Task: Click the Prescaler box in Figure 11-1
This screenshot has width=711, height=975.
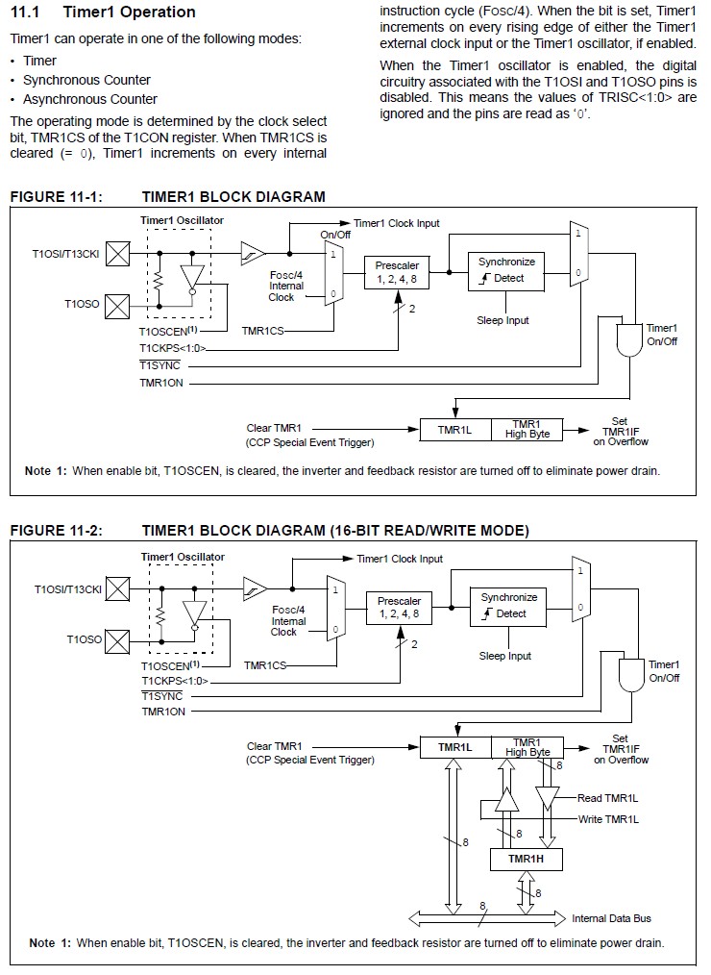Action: [397, 273]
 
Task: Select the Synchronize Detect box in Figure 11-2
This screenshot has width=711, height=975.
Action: [508, 606]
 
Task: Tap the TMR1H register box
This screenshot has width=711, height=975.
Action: [526, 859]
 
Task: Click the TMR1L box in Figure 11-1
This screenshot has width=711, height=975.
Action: [454, 430]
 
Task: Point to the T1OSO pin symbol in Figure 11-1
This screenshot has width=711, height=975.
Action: [117, 306]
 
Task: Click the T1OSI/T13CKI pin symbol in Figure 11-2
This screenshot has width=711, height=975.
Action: [117, 588]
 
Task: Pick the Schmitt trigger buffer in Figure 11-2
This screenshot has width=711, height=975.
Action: [255, 588]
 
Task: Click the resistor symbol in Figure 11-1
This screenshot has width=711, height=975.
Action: [159, 280]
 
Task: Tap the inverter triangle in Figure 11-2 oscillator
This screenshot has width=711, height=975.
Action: [195, 615]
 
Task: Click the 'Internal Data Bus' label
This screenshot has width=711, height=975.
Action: [612, 918]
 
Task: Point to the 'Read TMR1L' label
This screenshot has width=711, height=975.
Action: [608, 798]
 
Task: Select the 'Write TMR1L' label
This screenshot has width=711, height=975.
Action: [608, 819]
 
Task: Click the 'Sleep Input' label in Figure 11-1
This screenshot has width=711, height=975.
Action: [503, 320]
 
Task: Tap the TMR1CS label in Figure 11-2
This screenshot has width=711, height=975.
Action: [265, 666]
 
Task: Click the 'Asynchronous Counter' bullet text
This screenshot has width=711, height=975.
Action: [90, 99]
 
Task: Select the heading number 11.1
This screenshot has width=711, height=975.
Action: [25, 12]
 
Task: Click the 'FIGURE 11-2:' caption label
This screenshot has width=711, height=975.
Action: [57, 531]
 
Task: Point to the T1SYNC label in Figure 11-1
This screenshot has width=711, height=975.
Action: [159, 365]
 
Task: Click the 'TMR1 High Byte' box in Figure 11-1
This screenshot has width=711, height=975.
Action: [527, 430]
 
